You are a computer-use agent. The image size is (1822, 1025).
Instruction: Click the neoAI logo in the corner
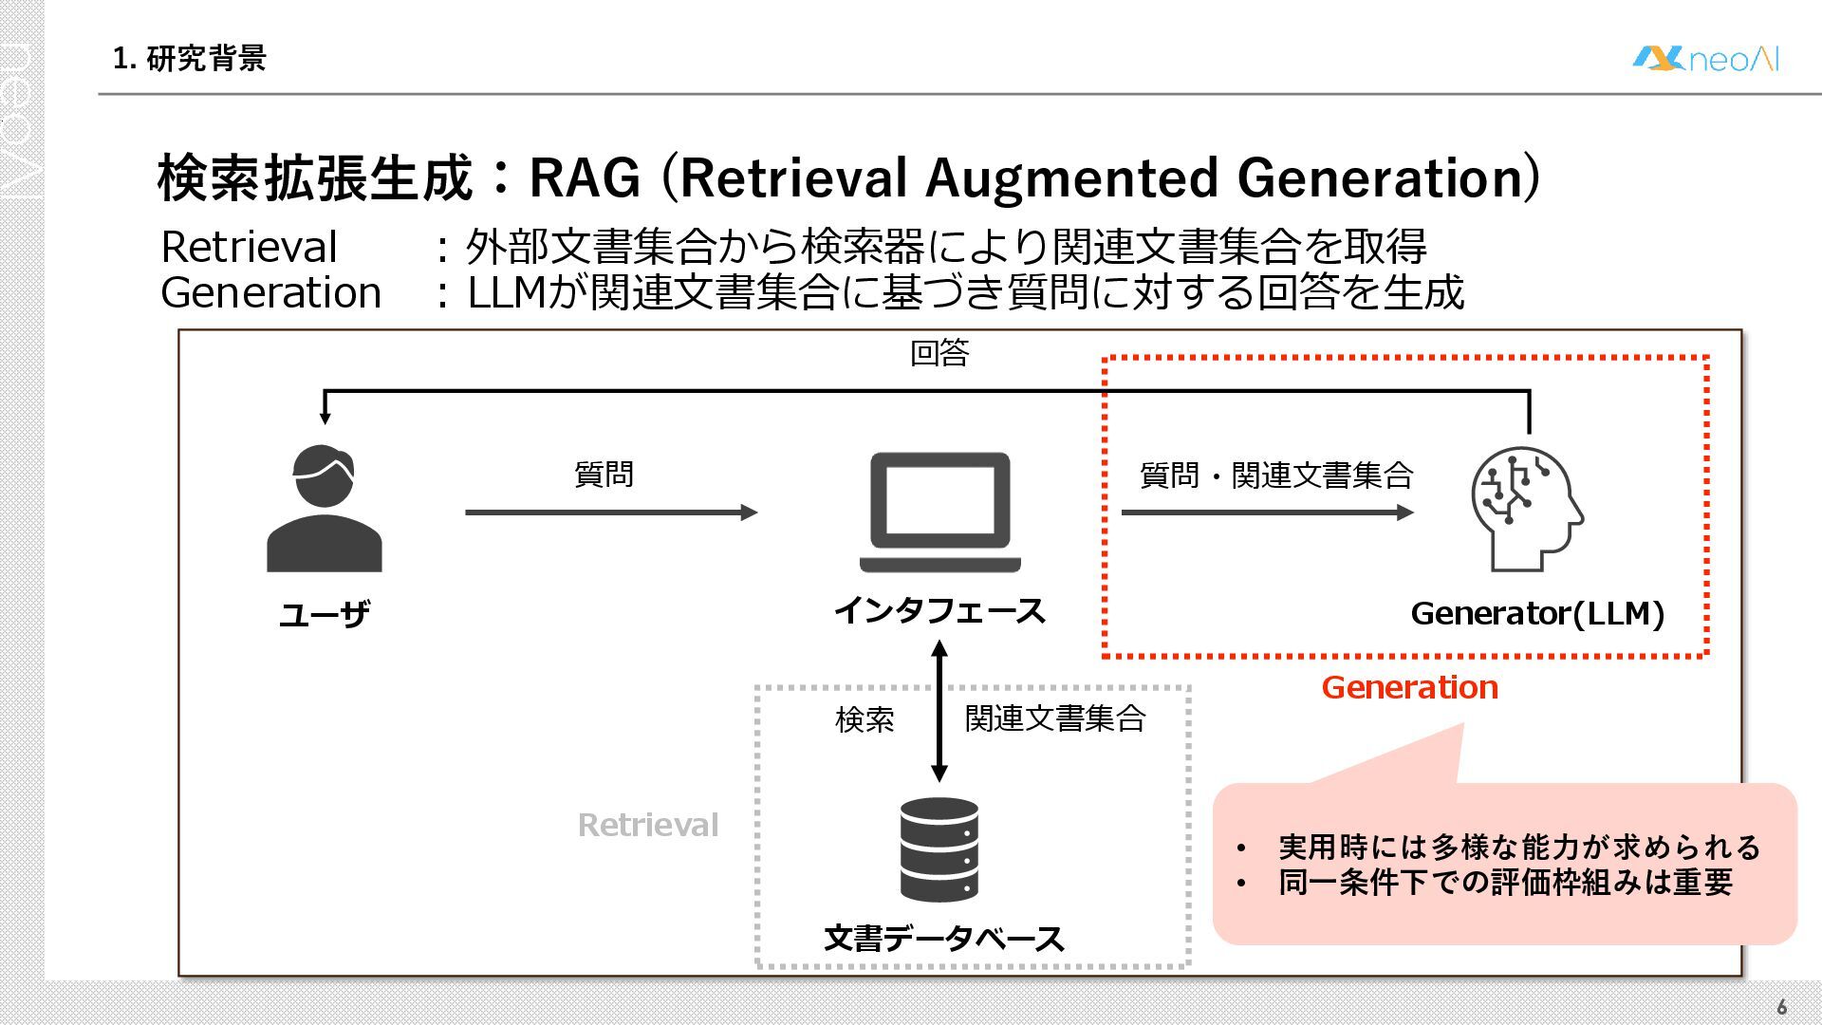point(1705,59)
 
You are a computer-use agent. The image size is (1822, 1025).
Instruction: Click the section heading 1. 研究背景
point(189,59)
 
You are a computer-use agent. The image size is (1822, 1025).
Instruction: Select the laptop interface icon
point(939,512)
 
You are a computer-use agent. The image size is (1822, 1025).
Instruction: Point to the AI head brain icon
point(1526,509)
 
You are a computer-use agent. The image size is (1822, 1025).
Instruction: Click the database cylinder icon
point(939,849)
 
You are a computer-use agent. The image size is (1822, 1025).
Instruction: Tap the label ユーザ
point(324,614)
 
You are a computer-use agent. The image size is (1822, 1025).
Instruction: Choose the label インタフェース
point(939,610)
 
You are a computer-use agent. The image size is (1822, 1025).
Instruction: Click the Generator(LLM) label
point(1537,614)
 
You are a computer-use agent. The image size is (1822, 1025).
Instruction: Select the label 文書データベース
point(943,939)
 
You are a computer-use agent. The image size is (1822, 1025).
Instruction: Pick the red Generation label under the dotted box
point(1409,687)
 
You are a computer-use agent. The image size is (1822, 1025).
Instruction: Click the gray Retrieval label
point(648,825)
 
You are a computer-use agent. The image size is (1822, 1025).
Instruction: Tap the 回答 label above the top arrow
point(939,353)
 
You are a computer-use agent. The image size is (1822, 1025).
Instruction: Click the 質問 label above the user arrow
point(604,474)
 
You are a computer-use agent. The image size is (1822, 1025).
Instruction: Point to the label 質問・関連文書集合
point(1276,475)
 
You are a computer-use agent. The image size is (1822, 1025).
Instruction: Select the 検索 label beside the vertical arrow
point(865,719)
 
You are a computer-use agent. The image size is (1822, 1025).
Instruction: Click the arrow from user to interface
point(611,512)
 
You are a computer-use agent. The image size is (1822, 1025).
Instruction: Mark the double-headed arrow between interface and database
point(939,712)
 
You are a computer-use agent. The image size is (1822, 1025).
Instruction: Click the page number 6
point(1781,1007)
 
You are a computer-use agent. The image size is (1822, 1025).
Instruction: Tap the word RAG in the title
point(585,177)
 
